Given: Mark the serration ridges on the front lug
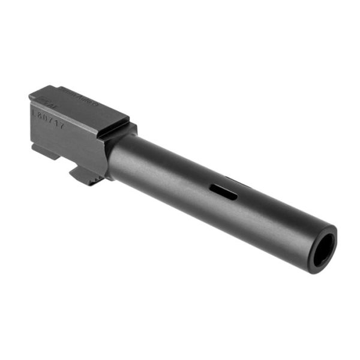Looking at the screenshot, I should (90, 179).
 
